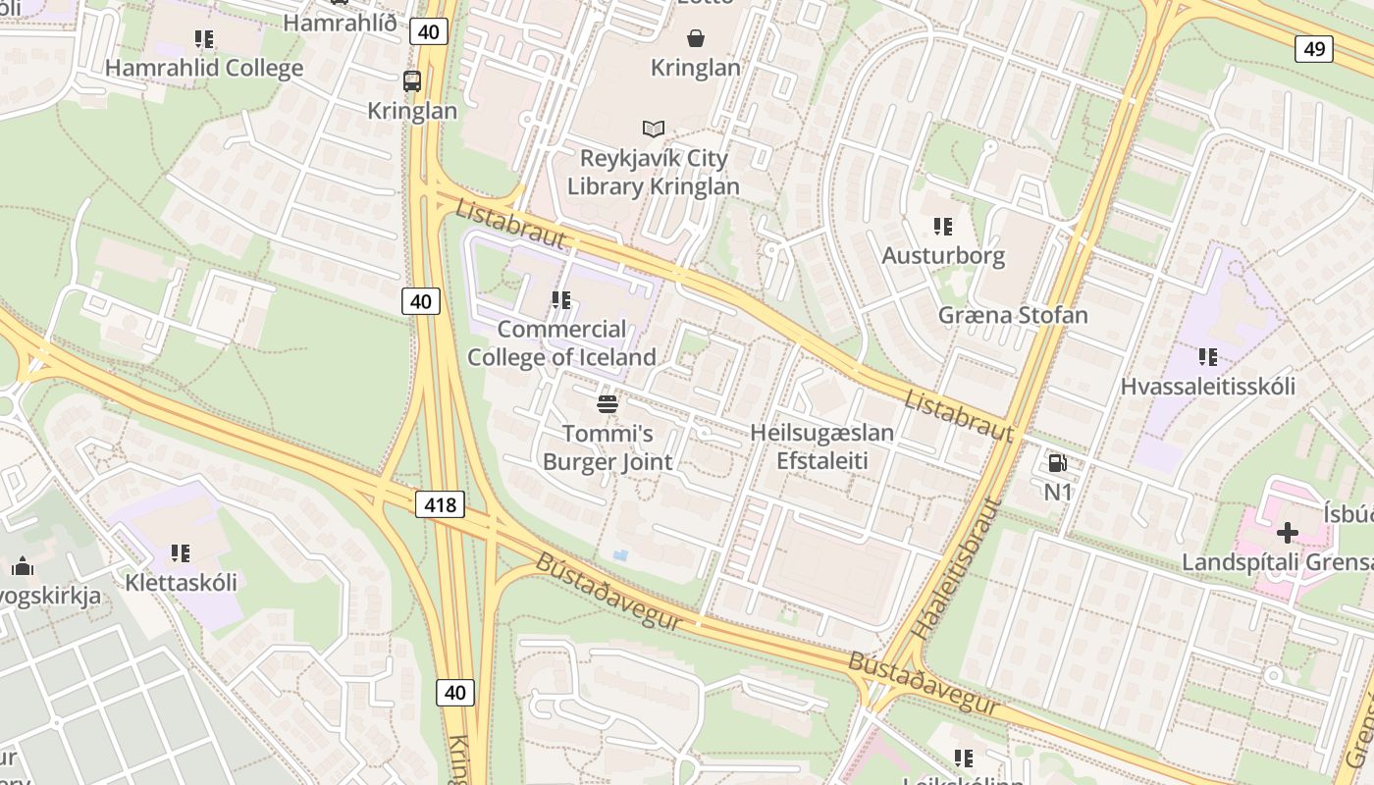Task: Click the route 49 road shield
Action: [1313, 48]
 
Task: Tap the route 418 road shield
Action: [441, 504]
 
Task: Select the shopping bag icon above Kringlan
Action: [696, 38]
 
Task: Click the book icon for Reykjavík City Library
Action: [654, 129]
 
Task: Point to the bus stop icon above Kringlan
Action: [412, 81]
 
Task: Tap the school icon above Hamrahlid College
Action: [204, 39]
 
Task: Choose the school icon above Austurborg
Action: [943, 227]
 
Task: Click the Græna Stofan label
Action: [1013, 315]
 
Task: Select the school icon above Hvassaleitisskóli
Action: [1207, 357]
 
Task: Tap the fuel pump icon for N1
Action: [1057, 462]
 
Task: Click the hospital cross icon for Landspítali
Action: [1287, 533]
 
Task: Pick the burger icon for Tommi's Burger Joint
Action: [608, 403]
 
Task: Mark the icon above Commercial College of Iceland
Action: [561, 300]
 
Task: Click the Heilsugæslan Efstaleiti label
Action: [821, 446]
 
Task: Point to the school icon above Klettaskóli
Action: [181, 553]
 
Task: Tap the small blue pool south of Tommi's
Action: [620, 555]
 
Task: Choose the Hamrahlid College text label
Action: [204, 69]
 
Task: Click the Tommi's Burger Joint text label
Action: [608, 447]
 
